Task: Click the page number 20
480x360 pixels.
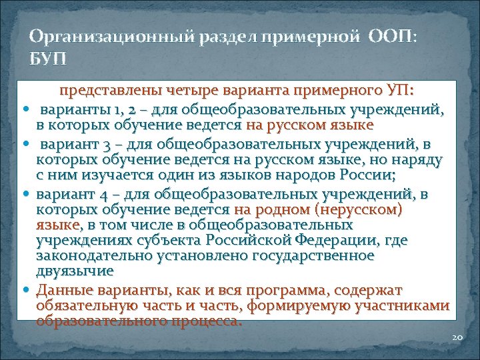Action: click(457, 337)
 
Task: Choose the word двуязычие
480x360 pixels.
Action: click(75, 271)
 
